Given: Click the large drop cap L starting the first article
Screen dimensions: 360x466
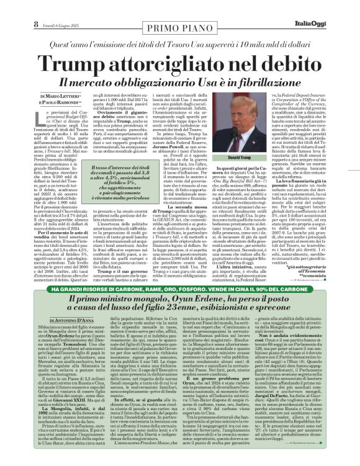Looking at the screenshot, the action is [x=36, y=116].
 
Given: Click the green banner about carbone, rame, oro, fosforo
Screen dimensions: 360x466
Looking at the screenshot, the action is [x=180, y=307].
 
